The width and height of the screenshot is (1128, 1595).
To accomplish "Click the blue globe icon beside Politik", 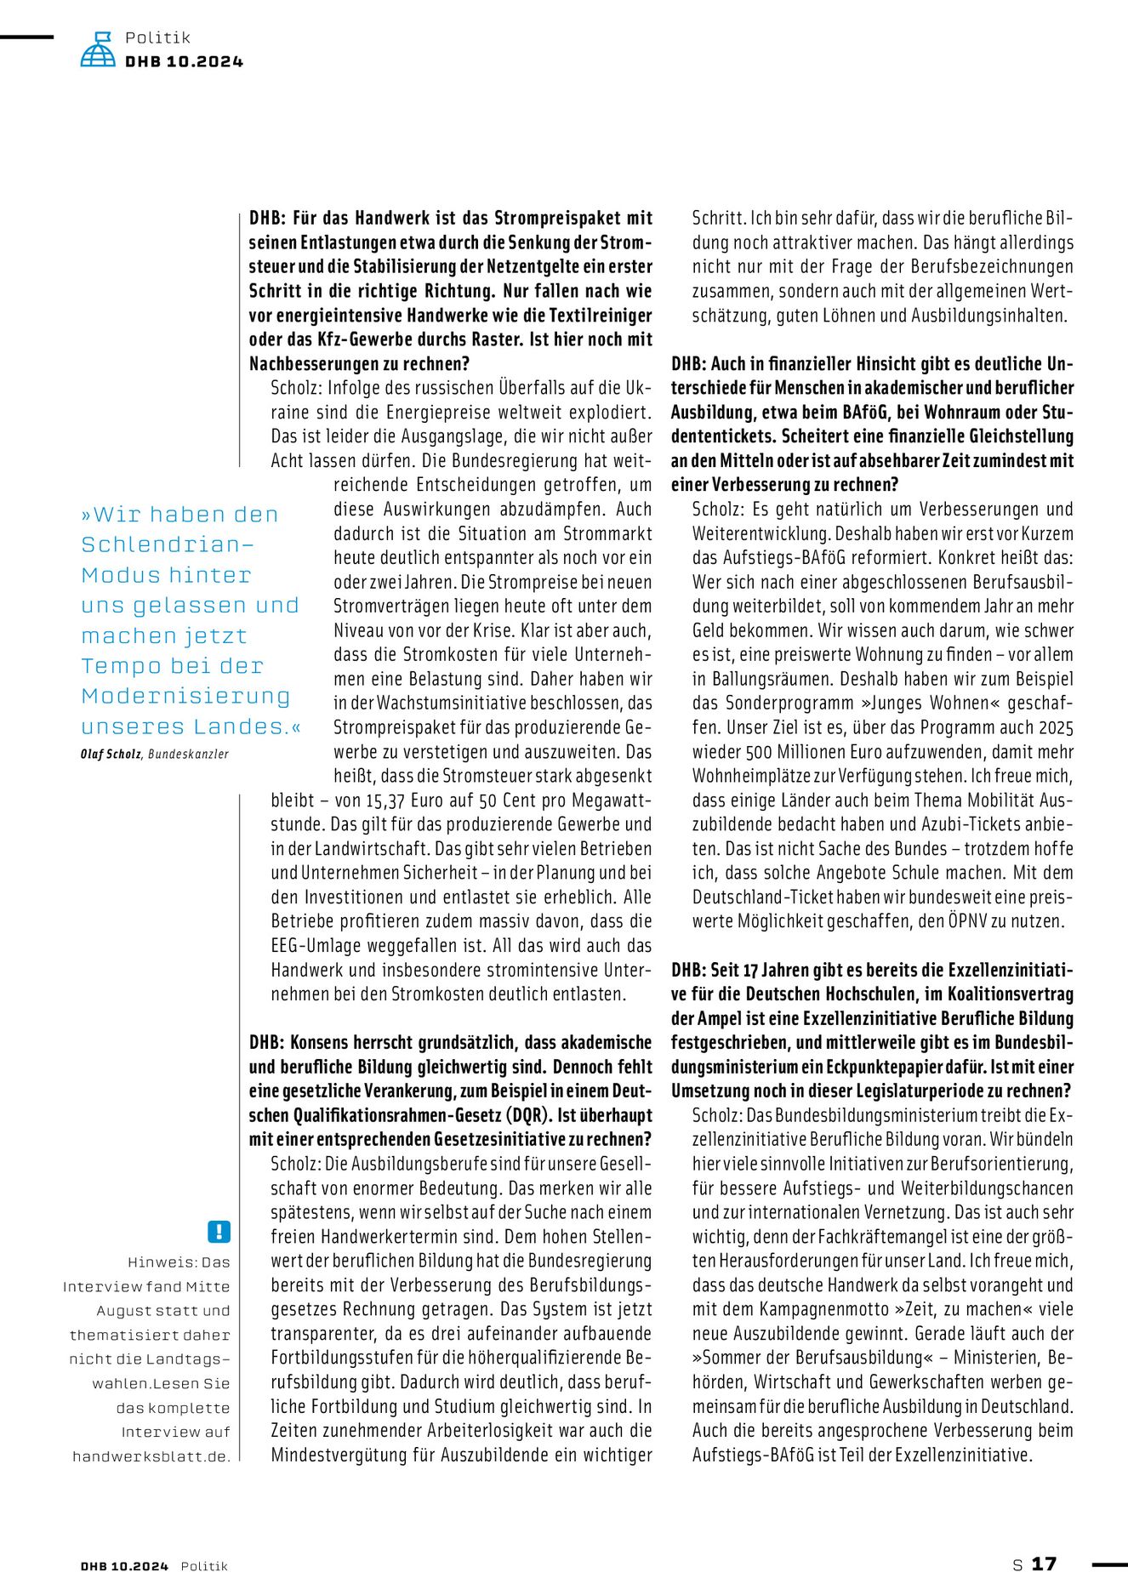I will pos(98,49).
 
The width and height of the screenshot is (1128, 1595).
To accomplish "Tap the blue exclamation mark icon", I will pos(219,1231).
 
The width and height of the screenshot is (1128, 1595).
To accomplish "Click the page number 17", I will pos(1044,1564).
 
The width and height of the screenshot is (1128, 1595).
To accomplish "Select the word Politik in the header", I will pos(157,37).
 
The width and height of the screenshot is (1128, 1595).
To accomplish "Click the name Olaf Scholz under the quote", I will pos(111,754).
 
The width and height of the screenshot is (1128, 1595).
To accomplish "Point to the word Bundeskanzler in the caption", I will pos(188,754).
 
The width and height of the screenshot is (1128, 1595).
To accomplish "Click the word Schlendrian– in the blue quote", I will pos(168,544).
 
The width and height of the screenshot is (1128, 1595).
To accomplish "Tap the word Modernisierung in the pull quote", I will pos(185,696).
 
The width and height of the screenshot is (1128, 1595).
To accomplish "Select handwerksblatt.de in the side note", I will pos(151,1456).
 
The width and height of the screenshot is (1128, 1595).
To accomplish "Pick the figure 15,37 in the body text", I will pos(385,800).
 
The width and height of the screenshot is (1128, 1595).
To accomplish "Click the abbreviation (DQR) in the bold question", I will pos(525,1115).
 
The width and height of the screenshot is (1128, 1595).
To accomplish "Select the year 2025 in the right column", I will pos(1055,728).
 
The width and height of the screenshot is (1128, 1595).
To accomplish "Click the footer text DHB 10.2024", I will pos(124,1566).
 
